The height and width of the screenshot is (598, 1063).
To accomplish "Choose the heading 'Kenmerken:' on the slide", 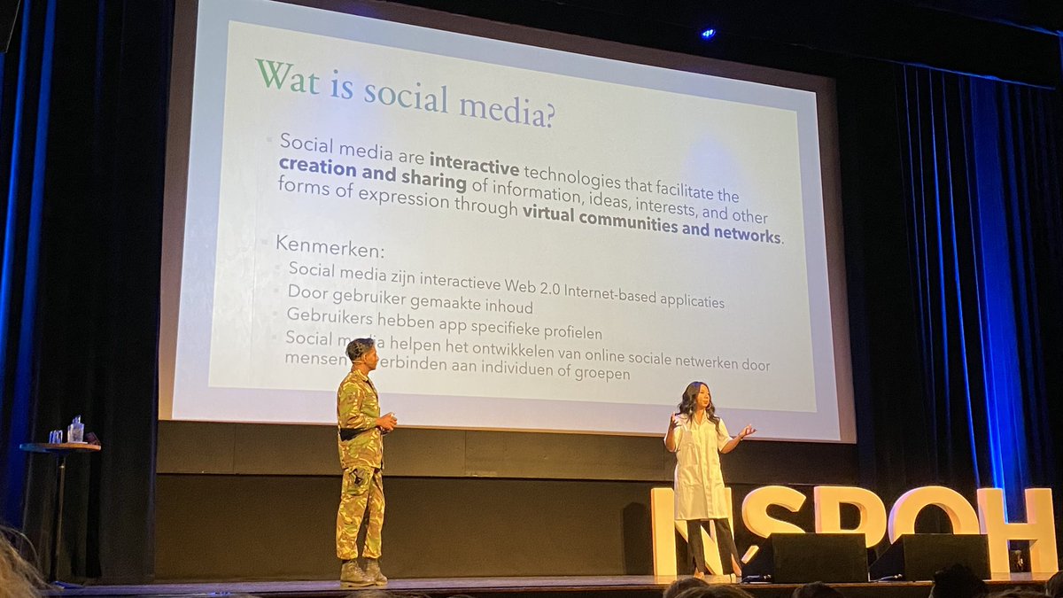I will [x=330, y=245].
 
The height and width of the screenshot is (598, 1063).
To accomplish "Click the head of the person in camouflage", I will [x=361, y=351].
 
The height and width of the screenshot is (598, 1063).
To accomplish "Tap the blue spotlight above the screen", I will [x=707, y=33].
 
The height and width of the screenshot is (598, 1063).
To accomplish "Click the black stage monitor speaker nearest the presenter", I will [x=808, y=556].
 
